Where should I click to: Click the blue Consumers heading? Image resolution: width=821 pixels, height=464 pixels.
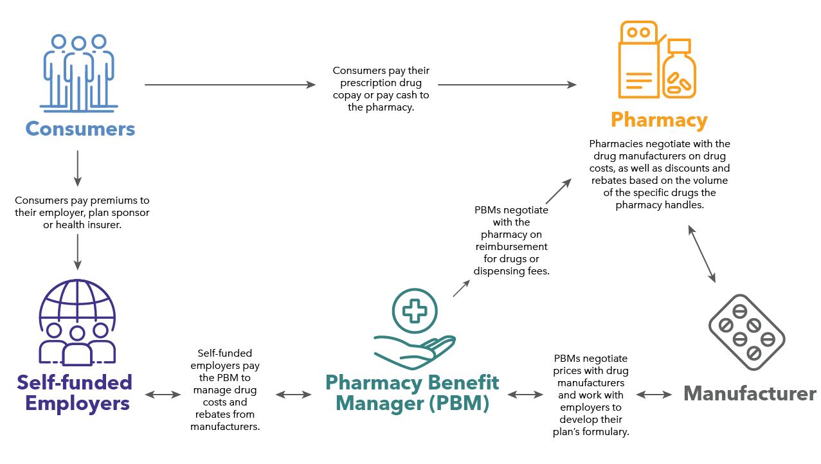[80, 129]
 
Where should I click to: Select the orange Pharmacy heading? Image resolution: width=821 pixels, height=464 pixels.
[659, 120]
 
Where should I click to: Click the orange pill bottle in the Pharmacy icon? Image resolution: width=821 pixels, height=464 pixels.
[680, 71]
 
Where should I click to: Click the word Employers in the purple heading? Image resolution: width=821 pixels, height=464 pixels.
[74, 404]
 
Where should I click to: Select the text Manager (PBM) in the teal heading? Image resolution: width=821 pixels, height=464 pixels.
[412, 404]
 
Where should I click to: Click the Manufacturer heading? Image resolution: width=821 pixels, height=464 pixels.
[749, 393]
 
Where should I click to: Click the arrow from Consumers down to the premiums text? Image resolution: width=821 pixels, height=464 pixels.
[77, 167]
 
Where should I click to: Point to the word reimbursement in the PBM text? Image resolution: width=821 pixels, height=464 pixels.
[511, 247]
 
